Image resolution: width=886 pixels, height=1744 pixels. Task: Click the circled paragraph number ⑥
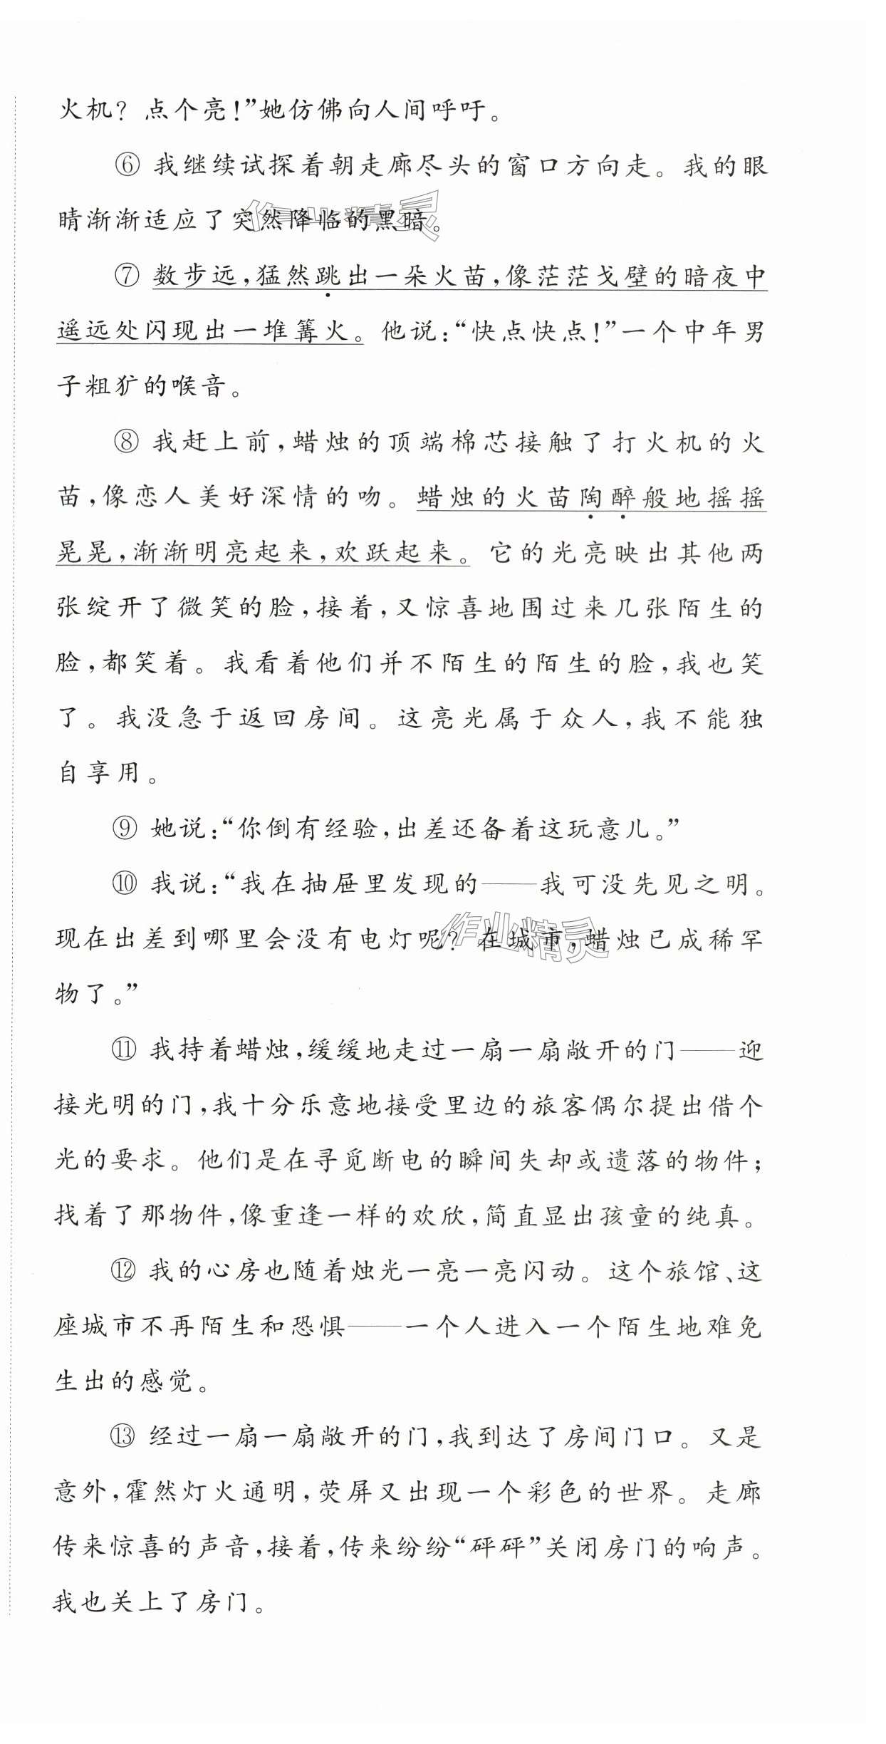point(127,166)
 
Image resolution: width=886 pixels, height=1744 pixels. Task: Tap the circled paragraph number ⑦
point(127,276)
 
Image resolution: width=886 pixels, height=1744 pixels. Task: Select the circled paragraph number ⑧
point(127,442)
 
